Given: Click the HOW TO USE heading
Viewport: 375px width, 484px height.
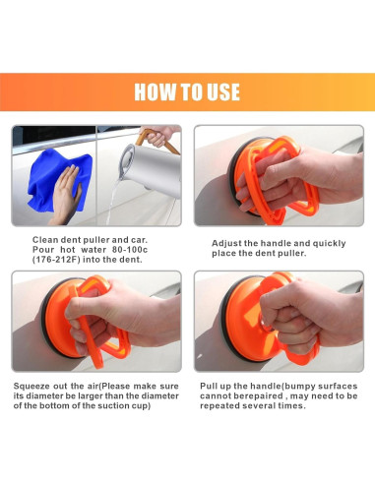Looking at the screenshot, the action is [187, 91].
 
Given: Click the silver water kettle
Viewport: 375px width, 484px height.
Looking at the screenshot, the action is [151, 170].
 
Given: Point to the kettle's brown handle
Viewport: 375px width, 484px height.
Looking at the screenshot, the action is [156, 141].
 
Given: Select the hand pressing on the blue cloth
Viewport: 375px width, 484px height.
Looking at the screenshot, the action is [66, 194].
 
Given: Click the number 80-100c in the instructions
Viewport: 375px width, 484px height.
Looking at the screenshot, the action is [130, 250].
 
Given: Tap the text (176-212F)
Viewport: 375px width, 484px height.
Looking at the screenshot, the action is [56, 260].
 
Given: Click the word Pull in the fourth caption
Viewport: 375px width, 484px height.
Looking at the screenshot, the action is [208, 386].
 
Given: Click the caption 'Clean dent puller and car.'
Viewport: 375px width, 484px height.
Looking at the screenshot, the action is [90, 240].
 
